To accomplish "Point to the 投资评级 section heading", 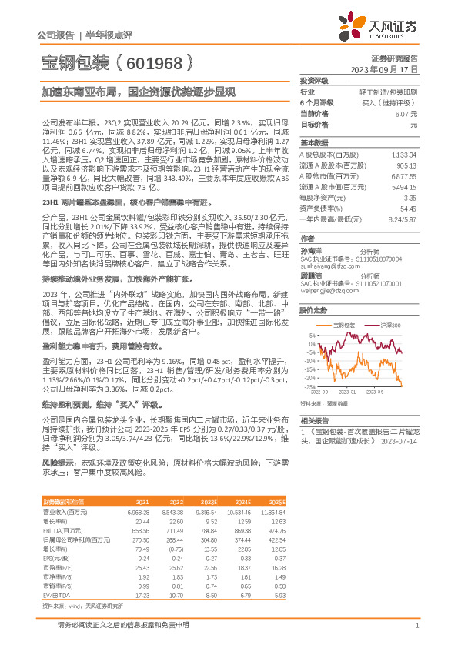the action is pos(314,80).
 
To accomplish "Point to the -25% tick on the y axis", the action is pos(309,386).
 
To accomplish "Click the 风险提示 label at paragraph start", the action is pos(55,463).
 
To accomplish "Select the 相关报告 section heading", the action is pos(313,419).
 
